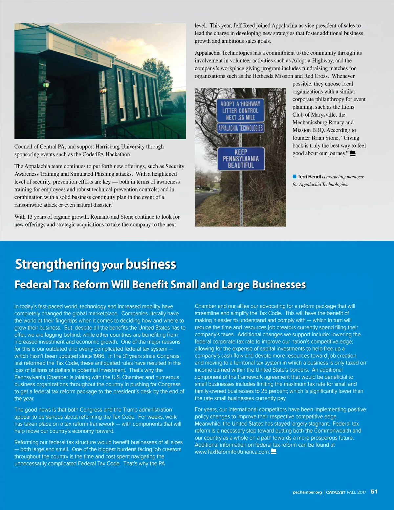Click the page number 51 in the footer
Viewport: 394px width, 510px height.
374,492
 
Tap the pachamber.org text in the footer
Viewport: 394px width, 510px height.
307,492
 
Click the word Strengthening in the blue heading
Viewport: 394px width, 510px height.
57,264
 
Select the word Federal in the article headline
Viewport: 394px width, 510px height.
33,284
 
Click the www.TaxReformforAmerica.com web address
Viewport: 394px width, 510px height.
232,452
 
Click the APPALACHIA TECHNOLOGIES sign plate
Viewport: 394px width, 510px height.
240,128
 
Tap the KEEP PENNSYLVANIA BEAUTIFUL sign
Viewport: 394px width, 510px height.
241,159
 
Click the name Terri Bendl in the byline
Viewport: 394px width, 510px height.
309,177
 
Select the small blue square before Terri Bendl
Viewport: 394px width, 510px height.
295,177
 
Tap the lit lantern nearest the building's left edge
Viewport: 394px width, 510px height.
46,84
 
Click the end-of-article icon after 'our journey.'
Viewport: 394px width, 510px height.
353,153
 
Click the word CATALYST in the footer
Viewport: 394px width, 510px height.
335,492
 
